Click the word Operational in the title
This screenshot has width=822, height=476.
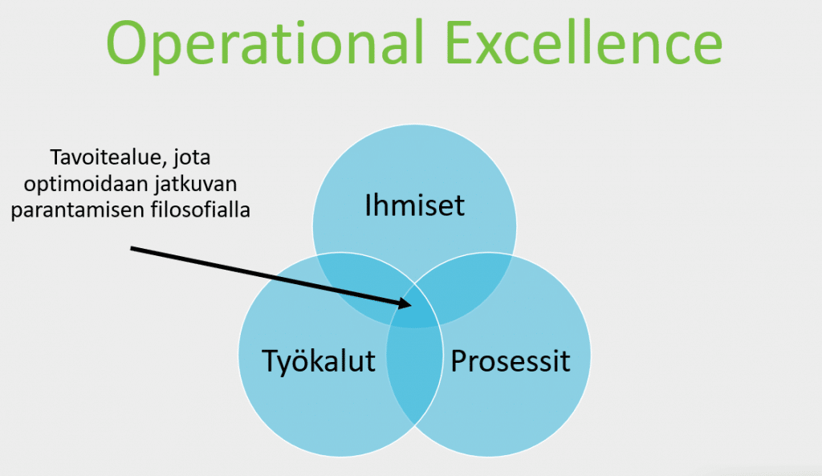pos(264,44)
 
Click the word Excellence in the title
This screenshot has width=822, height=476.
pos(584,42)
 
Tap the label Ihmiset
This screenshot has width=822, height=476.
pos(414,205)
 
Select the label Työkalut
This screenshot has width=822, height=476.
pos(318,360)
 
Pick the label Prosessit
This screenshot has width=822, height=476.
pos(510,360)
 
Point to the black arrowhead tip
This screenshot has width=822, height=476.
pos(412,304)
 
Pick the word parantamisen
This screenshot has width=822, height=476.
pos(78,210)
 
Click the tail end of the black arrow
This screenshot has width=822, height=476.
pos(131,249)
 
